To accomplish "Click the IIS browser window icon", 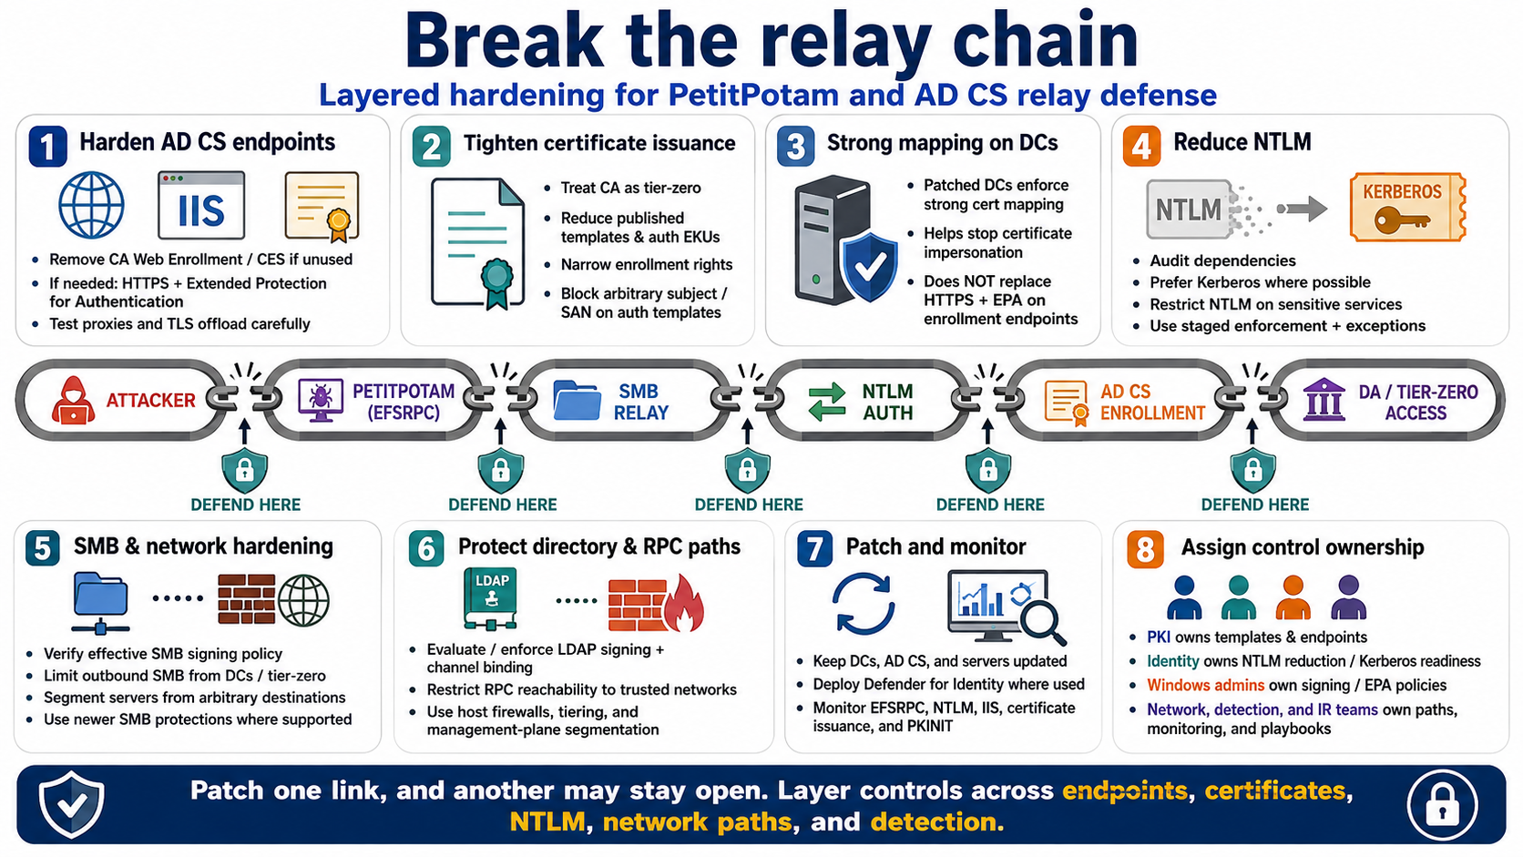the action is pos(201,205).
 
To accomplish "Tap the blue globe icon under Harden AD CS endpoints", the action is pos(91,205).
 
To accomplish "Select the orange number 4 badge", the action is pos(1141,146).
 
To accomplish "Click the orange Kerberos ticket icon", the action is pos(1407,208).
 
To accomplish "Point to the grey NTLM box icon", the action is pos(1189,209).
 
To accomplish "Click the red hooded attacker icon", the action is pos(73,401).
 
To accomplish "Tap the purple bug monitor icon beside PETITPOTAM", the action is pos(321,400).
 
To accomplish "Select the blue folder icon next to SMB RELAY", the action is pos(577,400).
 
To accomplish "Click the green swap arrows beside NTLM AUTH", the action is pos(827,401).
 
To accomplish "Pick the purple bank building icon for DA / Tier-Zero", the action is pos(1324,400).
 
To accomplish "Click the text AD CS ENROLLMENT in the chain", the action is pos(1152,402).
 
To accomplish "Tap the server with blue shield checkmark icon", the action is pos(845,240).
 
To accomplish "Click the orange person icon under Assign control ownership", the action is pos(1293,597).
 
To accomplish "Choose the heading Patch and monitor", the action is pos(935,546).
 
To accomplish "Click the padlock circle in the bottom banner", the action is pos(1442,805).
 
